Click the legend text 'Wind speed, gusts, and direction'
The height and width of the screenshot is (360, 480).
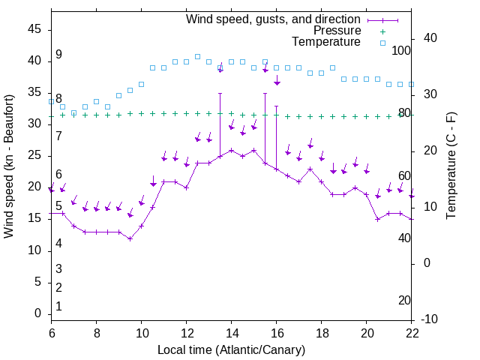tap(274, 19)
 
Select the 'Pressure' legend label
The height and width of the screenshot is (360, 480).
tap(337, 31)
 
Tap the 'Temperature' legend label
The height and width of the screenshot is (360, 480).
tap(326, 43)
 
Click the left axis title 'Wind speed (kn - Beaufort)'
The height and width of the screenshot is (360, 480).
tap(9, 166)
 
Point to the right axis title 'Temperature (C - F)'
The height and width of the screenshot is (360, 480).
tap(451, 166)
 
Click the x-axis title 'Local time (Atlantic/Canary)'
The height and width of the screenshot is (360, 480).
tap(232, 349)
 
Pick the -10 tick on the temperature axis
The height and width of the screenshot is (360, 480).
tap(431, 319)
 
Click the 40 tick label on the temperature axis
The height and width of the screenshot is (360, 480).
tap(431, 38)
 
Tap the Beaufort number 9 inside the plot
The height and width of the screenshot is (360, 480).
tap(58, 55)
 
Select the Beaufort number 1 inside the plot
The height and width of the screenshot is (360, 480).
tap(58, 306)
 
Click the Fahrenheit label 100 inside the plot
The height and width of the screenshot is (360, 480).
tap(402, 51)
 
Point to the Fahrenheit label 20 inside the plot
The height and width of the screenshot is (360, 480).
tap(404, 301)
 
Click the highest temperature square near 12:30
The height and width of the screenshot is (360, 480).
tap(197, 56)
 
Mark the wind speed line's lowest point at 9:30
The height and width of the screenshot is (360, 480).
tap(130, 238)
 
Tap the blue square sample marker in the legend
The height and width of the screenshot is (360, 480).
tap(382, 43)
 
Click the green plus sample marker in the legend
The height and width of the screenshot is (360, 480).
tap(382, 31)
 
